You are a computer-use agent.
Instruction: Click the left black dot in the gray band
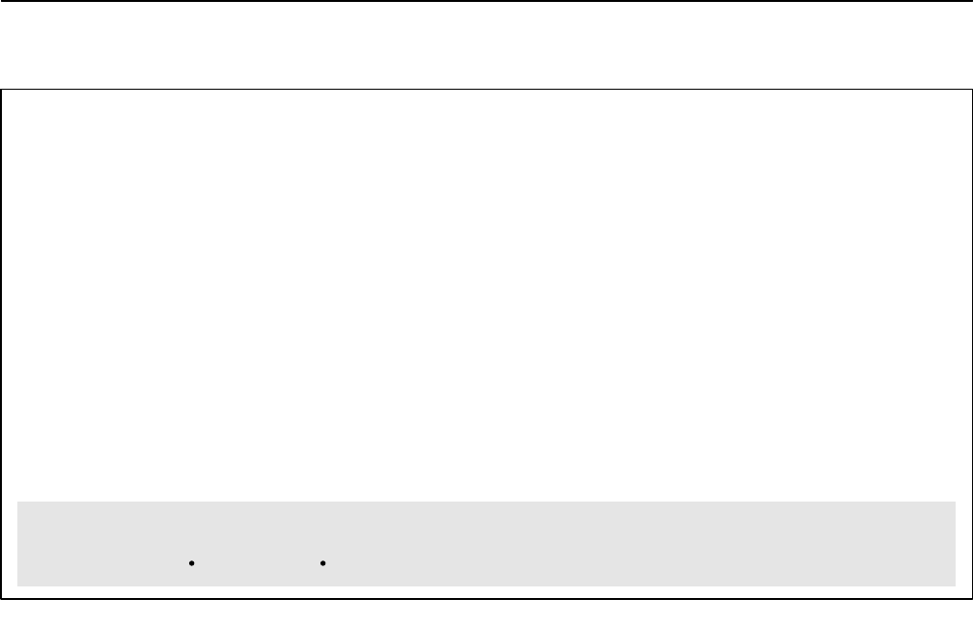pos(193,561)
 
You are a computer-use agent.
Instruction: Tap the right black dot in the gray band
pos(321,561)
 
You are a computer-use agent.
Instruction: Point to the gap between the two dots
pos(257,561)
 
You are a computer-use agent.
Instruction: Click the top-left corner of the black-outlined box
pos(1,90)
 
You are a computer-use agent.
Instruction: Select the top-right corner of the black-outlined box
pos(970,90)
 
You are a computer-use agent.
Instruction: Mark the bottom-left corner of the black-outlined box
pos(1,598)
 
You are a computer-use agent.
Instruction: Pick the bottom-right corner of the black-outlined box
pos(970,598)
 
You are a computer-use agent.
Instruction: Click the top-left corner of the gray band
pos(17,502)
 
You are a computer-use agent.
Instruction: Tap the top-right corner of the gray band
pos(956,502)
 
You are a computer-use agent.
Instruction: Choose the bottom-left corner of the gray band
pos(17,585)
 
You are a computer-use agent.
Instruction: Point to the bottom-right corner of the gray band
pos(956,585)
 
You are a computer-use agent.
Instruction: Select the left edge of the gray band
pos(17,543)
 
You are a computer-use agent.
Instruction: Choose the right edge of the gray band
pos(956,543)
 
